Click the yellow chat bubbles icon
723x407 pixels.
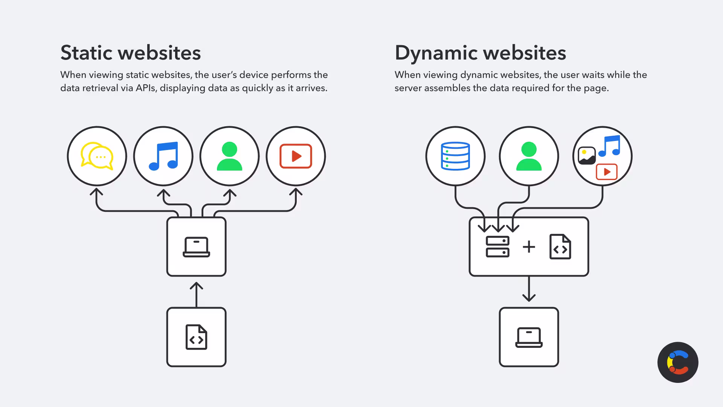pos(97,156)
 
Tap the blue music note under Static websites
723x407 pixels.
pos(163,156)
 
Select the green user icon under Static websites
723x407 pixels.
pos(230,156)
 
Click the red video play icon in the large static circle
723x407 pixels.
pos(296,156)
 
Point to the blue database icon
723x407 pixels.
pos(455,156)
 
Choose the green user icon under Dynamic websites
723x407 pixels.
pos(529,156)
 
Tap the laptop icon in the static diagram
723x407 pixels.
pos(196,247)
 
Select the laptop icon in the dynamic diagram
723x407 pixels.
pos(529,337)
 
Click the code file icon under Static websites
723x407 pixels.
pos(196,337)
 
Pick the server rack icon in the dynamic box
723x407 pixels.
pos(497,247)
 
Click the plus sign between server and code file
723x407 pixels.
pos(529,247)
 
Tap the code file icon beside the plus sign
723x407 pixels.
pos(560,247)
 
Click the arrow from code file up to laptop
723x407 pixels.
pos(196,295)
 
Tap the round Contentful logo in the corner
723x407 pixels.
pos(678,363)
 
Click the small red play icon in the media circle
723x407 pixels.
pos(607,172)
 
